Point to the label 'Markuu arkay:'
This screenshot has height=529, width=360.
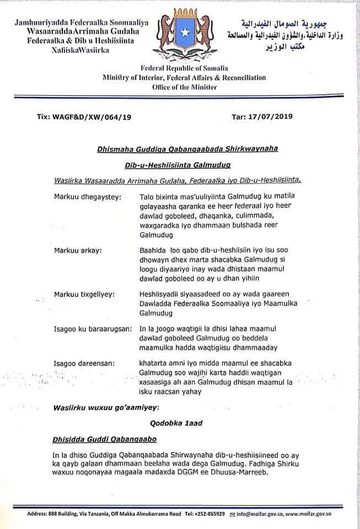[x=78, y=251]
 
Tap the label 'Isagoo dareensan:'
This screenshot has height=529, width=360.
[x=84, y=363]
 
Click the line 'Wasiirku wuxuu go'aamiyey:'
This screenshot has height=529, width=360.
[x=106, y=408]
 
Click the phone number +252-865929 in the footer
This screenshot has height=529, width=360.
[x=209, y=514]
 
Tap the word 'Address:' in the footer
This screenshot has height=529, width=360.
[x=39, y=514]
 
